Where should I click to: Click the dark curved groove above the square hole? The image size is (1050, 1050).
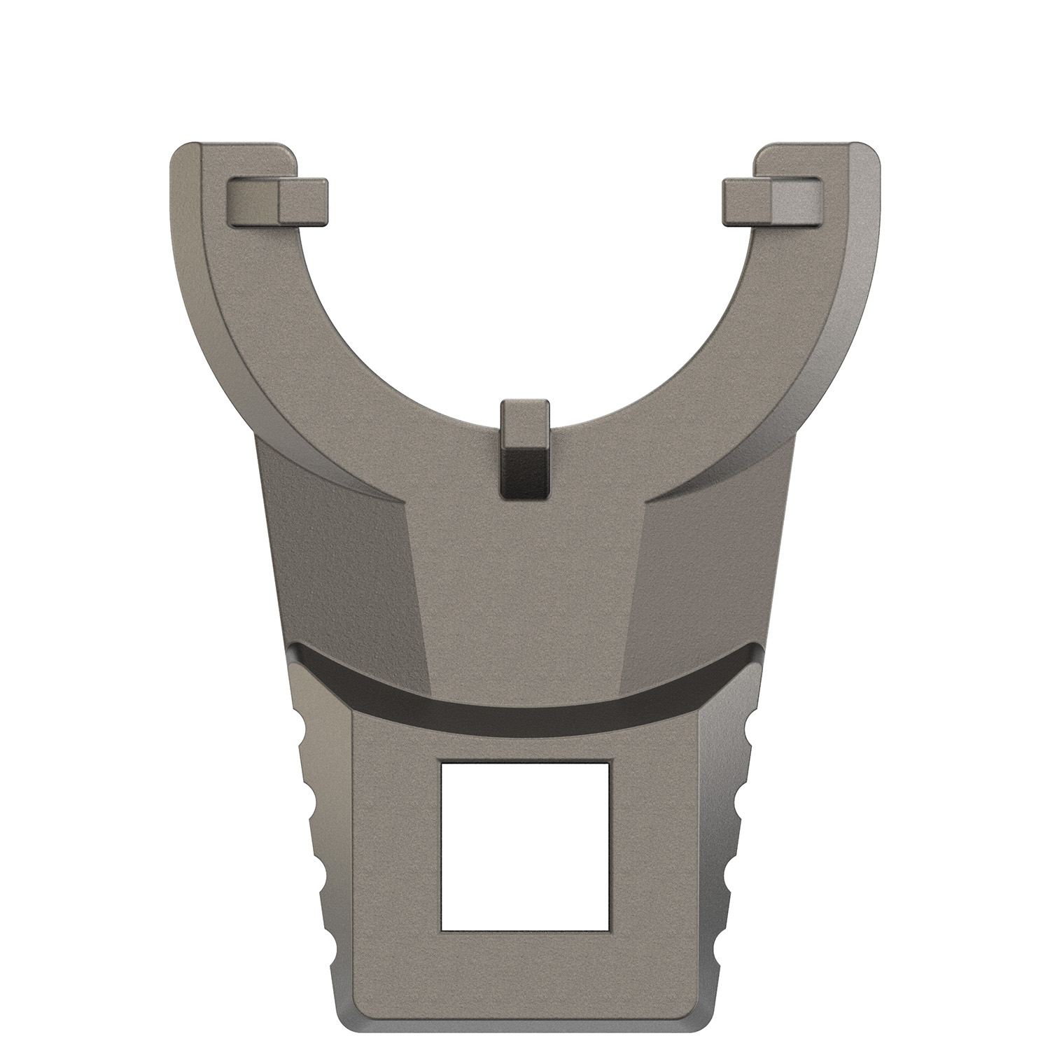click(525, 693)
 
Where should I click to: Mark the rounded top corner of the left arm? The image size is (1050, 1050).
click(183, 155)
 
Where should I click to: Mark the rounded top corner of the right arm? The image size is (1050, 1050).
click(867, 155)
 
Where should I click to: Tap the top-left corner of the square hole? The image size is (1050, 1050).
click(442, 762)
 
